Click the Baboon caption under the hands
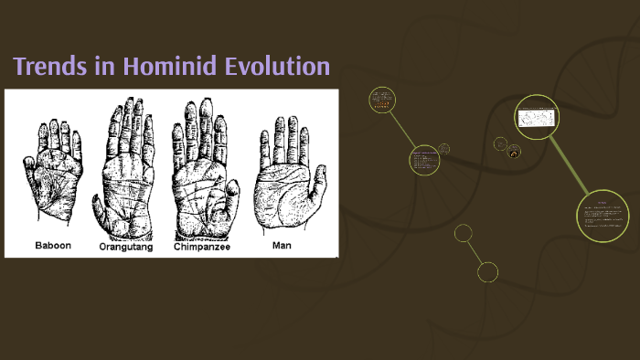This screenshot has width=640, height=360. coord(53,246)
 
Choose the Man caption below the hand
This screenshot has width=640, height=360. coord(283,245)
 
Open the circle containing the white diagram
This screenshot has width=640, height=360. coord(536,117)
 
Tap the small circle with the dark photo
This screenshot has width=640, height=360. coord(514,151)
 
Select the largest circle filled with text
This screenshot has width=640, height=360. coord(603,216)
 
